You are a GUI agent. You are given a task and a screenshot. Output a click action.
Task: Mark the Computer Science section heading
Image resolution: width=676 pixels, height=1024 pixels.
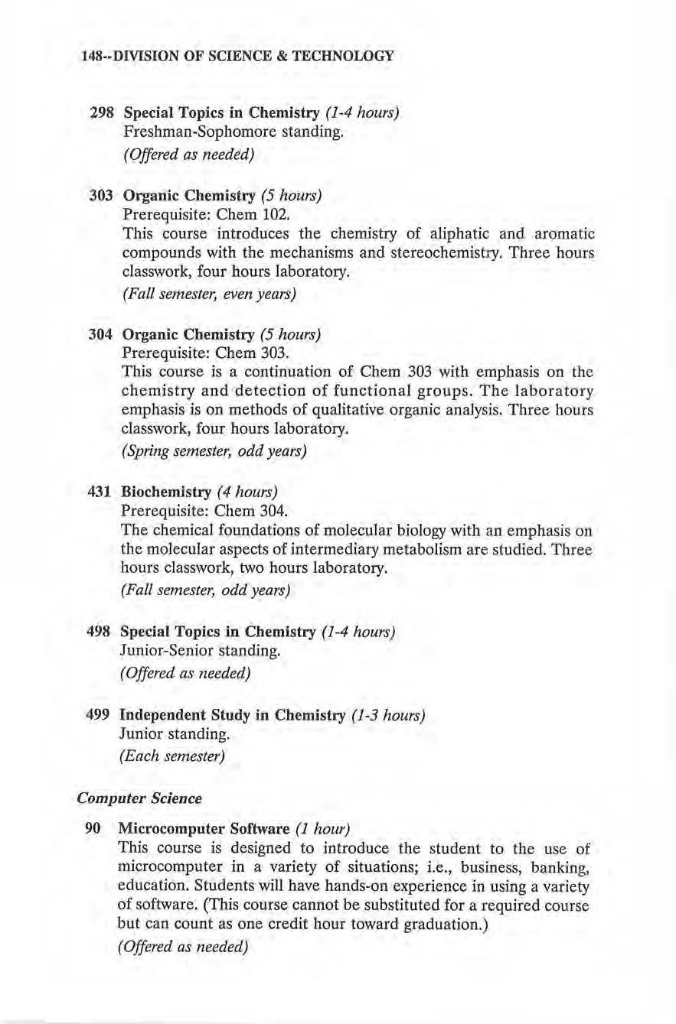tap(139, 798)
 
